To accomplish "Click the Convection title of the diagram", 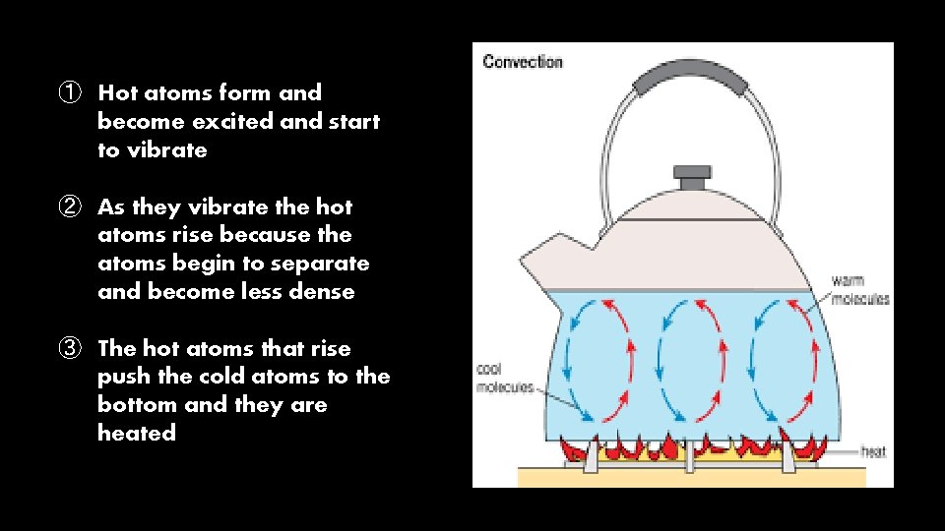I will click(522, 62).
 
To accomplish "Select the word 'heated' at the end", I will click(137, 434).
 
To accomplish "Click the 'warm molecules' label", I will click(858, 290).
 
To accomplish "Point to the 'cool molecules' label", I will click(504, 379).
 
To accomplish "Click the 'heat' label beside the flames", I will click(872, 452).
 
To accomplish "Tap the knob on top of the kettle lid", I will click(691, 177).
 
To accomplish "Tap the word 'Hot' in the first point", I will click(118, 93).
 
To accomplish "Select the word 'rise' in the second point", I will click(193, 235).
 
